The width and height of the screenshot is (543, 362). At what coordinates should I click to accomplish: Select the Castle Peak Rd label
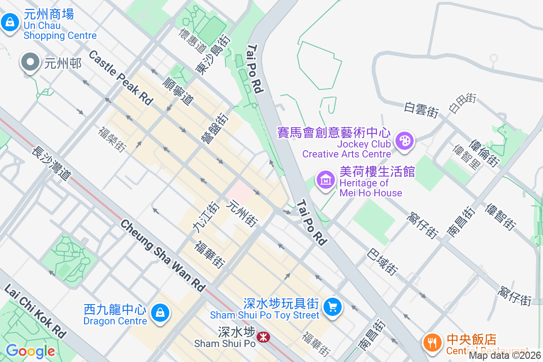point(120,78)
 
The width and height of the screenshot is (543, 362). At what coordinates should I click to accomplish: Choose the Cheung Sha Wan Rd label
point(163,255)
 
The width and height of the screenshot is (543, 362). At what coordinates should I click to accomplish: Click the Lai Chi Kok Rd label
point(34,312)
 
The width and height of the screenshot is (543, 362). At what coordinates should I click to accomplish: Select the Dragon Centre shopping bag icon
point(159,313)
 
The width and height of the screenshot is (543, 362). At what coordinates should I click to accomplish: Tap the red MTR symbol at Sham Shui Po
point(262,337)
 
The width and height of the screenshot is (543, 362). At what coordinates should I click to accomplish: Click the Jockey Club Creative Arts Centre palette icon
point(404,141)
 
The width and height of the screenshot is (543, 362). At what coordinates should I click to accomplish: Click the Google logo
point(30,351)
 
